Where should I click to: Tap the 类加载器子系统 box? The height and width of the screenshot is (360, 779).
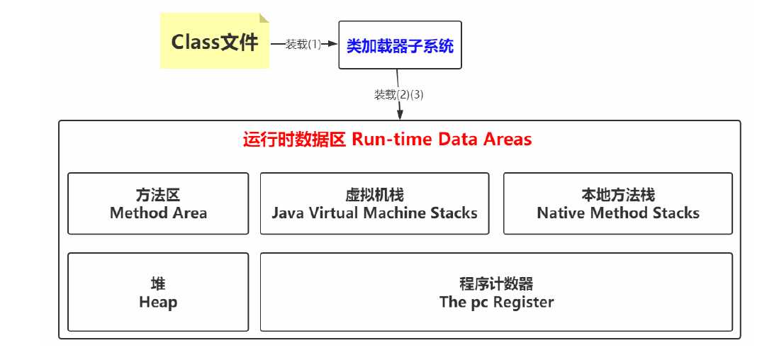[400, 45]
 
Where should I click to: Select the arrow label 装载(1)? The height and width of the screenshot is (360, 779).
[303, 45]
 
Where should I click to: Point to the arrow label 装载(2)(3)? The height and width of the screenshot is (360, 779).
[399, 94]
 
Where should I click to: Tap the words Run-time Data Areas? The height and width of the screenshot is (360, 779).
[442, 139]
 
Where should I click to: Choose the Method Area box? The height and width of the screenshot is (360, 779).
[158, 203]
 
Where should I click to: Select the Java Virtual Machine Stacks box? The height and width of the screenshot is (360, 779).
[374, 203]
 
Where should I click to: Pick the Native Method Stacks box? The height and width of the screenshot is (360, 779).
[617, 203]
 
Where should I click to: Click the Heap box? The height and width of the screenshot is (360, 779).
[158, 293]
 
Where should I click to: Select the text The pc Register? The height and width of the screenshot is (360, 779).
[496, 302]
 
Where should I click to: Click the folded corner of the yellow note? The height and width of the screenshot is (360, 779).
[264, 18]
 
